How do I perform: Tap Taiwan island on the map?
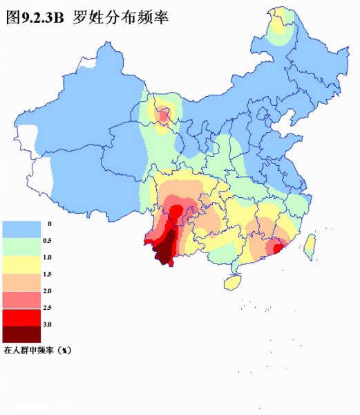click(x=310, y=246)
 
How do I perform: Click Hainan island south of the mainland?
click(x=233, y=282)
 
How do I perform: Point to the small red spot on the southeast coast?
click(x=278, y=248)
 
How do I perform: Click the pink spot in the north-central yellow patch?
click(x=164, y=116)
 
